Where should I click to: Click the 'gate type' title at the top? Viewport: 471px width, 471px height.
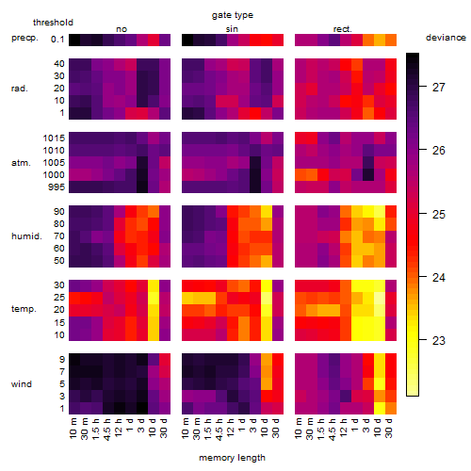(x=233, y=15)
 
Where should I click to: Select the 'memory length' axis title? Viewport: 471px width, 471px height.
(x=232, y=458)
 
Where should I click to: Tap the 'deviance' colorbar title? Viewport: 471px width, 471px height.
(x=446, y=38)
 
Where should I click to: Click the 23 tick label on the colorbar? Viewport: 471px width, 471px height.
(x=439, y=340)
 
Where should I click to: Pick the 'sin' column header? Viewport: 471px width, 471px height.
(x=232, y=29)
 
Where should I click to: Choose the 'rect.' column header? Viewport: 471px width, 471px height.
(x=342, y=29)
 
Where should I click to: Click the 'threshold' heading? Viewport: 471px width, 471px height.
(x=53, y=23)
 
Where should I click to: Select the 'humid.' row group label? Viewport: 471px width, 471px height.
(x=26, y=235)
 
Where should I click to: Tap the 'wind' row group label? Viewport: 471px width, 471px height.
(x=22, y=384)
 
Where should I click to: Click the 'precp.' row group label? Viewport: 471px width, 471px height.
(x=24, y=38)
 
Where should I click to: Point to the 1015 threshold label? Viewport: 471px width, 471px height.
(x=54, y=138)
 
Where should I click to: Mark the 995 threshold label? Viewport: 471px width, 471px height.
(x=57, y=187)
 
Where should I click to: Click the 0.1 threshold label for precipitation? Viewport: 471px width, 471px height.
(x=57, y=40)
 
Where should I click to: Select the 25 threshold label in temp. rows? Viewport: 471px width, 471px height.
(x=59, y=297)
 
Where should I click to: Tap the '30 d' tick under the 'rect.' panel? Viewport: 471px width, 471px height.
(x=390, y=429)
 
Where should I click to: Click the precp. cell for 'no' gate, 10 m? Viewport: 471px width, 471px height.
(x=74, y=40)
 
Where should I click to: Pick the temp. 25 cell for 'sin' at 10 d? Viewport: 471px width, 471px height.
(x=267, y=298)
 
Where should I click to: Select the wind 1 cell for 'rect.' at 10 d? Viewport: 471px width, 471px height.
(x=380, y=408)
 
